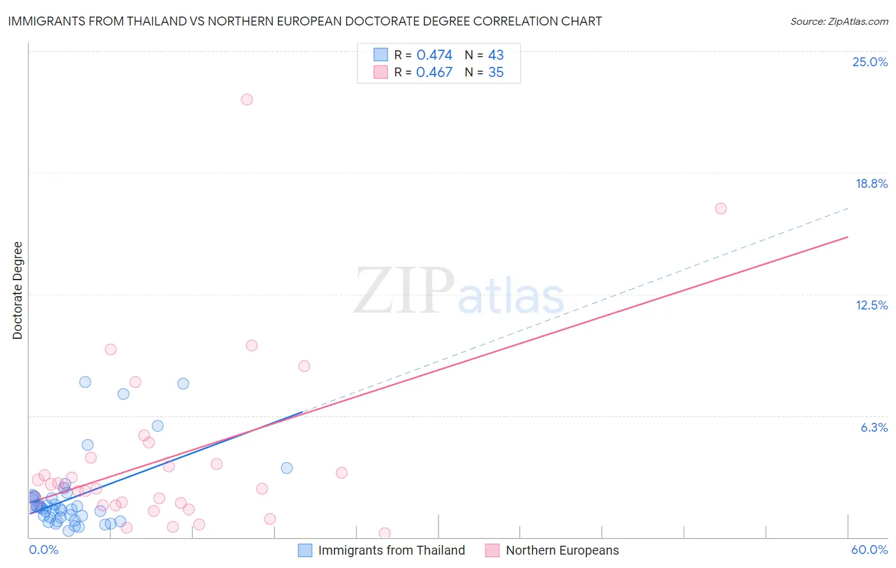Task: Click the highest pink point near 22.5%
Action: click(247, 99)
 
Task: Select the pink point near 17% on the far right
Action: click(721, 208)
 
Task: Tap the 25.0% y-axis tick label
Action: click(870, 62)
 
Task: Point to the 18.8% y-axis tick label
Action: click(871, 183)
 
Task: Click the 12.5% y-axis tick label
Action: click(871, 305)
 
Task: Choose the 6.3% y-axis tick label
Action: click(874, 427)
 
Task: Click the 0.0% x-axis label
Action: click(43, 550)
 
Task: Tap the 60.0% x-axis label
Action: click(869, 550)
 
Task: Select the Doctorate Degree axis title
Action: click(17, 290)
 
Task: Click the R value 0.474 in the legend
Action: click(434, 55)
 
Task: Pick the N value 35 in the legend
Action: click(496, 73)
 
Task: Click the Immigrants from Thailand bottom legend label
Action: click(391, 550)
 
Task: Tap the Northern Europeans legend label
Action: click(562, 550)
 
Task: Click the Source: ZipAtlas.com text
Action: click(839, 21)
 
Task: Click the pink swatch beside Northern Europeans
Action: click(492, 550)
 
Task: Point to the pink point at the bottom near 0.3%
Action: click(384, 533)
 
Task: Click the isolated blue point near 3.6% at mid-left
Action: click(287, 468)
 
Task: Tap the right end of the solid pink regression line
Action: click(848, 237)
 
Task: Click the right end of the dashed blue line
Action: click(848, 208)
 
